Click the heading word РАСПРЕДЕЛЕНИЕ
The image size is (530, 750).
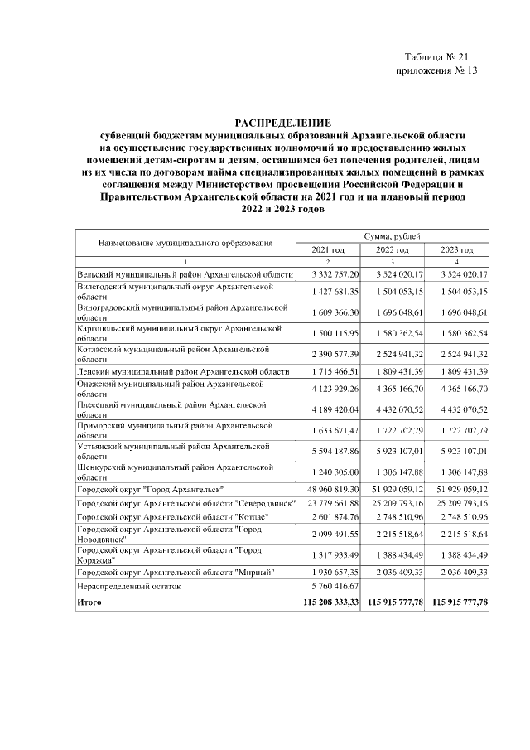[x=282, y=122]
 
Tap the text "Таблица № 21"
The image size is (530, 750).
[x=437, y=56]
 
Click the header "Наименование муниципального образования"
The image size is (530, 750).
[x=185, y=244]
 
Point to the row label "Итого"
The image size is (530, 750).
[x=89, y=602]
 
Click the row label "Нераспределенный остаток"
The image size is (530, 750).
[x=128, y=585]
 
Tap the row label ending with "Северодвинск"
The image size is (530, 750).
[x=185, y=504]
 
